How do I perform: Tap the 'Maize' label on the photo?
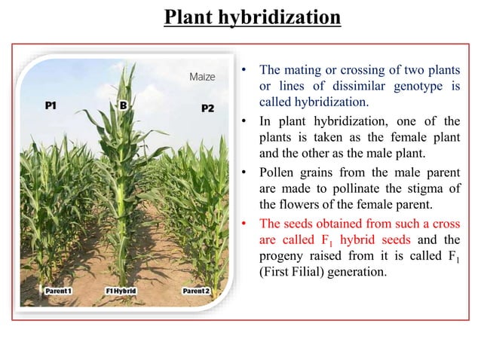click(201, 77)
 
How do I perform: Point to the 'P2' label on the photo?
click(207, 108)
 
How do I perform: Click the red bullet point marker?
click(244, 224)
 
